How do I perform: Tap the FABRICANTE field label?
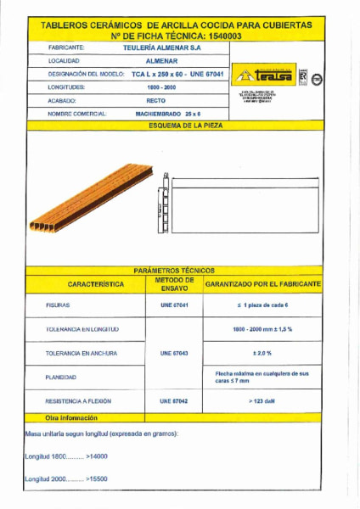click(x=65, y=48)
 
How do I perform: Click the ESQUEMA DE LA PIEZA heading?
click(x=180, y=125)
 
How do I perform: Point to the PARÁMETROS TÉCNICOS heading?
click(x=180, y=270)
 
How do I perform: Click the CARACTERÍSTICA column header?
click(x=86, y=283)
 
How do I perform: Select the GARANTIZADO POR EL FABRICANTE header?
click(x=262, y=283)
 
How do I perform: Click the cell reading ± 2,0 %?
click(x=262, y=351)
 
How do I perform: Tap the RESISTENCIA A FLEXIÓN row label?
click(x=81, y=400)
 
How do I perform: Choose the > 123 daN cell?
click(x=262, y=399)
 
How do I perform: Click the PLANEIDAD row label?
click(x=61, y=376)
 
